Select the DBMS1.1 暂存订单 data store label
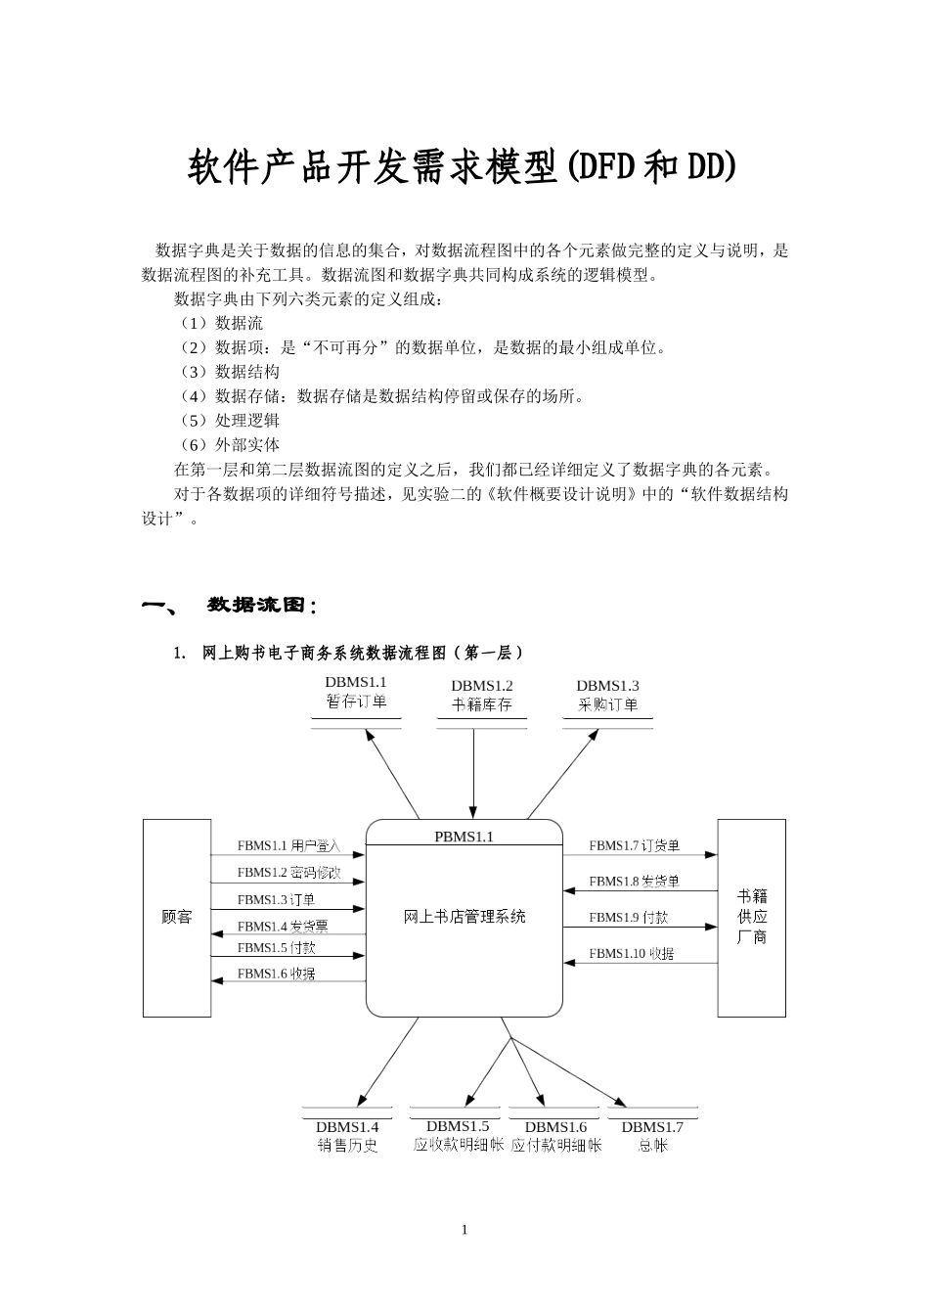pos(356,692)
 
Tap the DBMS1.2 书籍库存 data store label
pos(481,695)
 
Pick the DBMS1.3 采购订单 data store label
pos(607,695)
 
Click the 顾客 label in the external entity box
pos(177,917)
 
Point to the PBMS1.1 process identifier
pos(464,837)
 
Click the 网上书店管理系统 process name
pos(464,917)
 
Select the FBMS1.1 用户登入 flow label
pos(288,845)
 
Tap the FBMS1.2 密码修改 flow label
pos(288,872)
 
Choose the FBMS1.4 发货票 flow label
pos(283,926)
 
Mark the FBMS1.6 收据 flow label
pos(276,974)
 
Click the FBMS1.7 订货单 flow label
pos(634,845)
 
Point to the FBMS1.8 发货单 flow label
pos(634,882)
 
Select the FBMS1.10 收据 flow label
pos(631,953)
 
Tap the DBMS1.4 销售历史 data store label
pos(347,1136)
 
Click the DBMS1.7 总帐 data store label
pos(652,1136)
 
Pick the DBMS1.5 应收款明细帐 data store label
pos(458,1136)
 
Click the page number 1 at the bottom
pos(464,1230)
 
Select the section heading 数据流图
pos(262,605)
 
